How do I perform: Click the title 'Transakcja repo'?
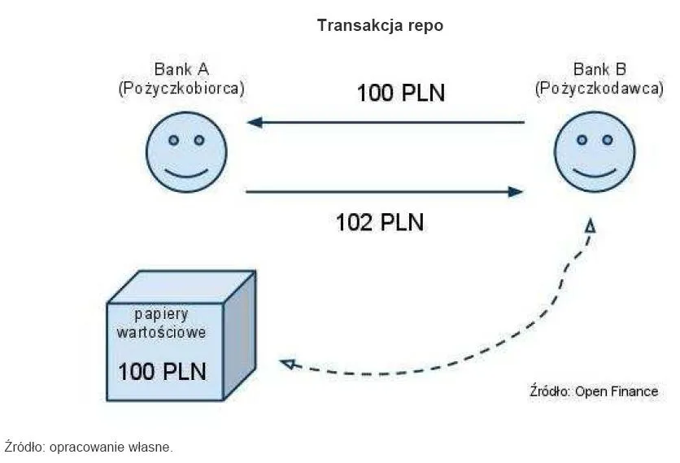[380, 25]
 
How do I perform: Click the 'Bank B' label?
[599, 69]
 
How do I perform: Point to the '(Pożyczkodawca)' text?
[598, 89]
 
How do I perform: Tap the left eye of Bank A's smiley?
[173, 140]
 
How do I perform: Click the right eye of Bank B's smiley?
[608, 140]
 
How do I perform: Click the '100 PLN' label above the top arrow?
[401, 93]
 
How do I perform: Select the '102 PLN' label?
[380, 221]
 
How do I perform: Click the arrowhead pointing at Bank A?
[255, 123]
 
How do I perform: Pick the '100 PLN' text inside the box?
[162, 371]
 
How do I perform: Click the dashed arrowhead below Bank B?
[591, 226]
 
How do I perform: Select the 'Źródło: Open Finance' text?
[593, 391]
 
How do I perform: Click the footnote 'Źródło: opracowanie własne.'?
[89, 447]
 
